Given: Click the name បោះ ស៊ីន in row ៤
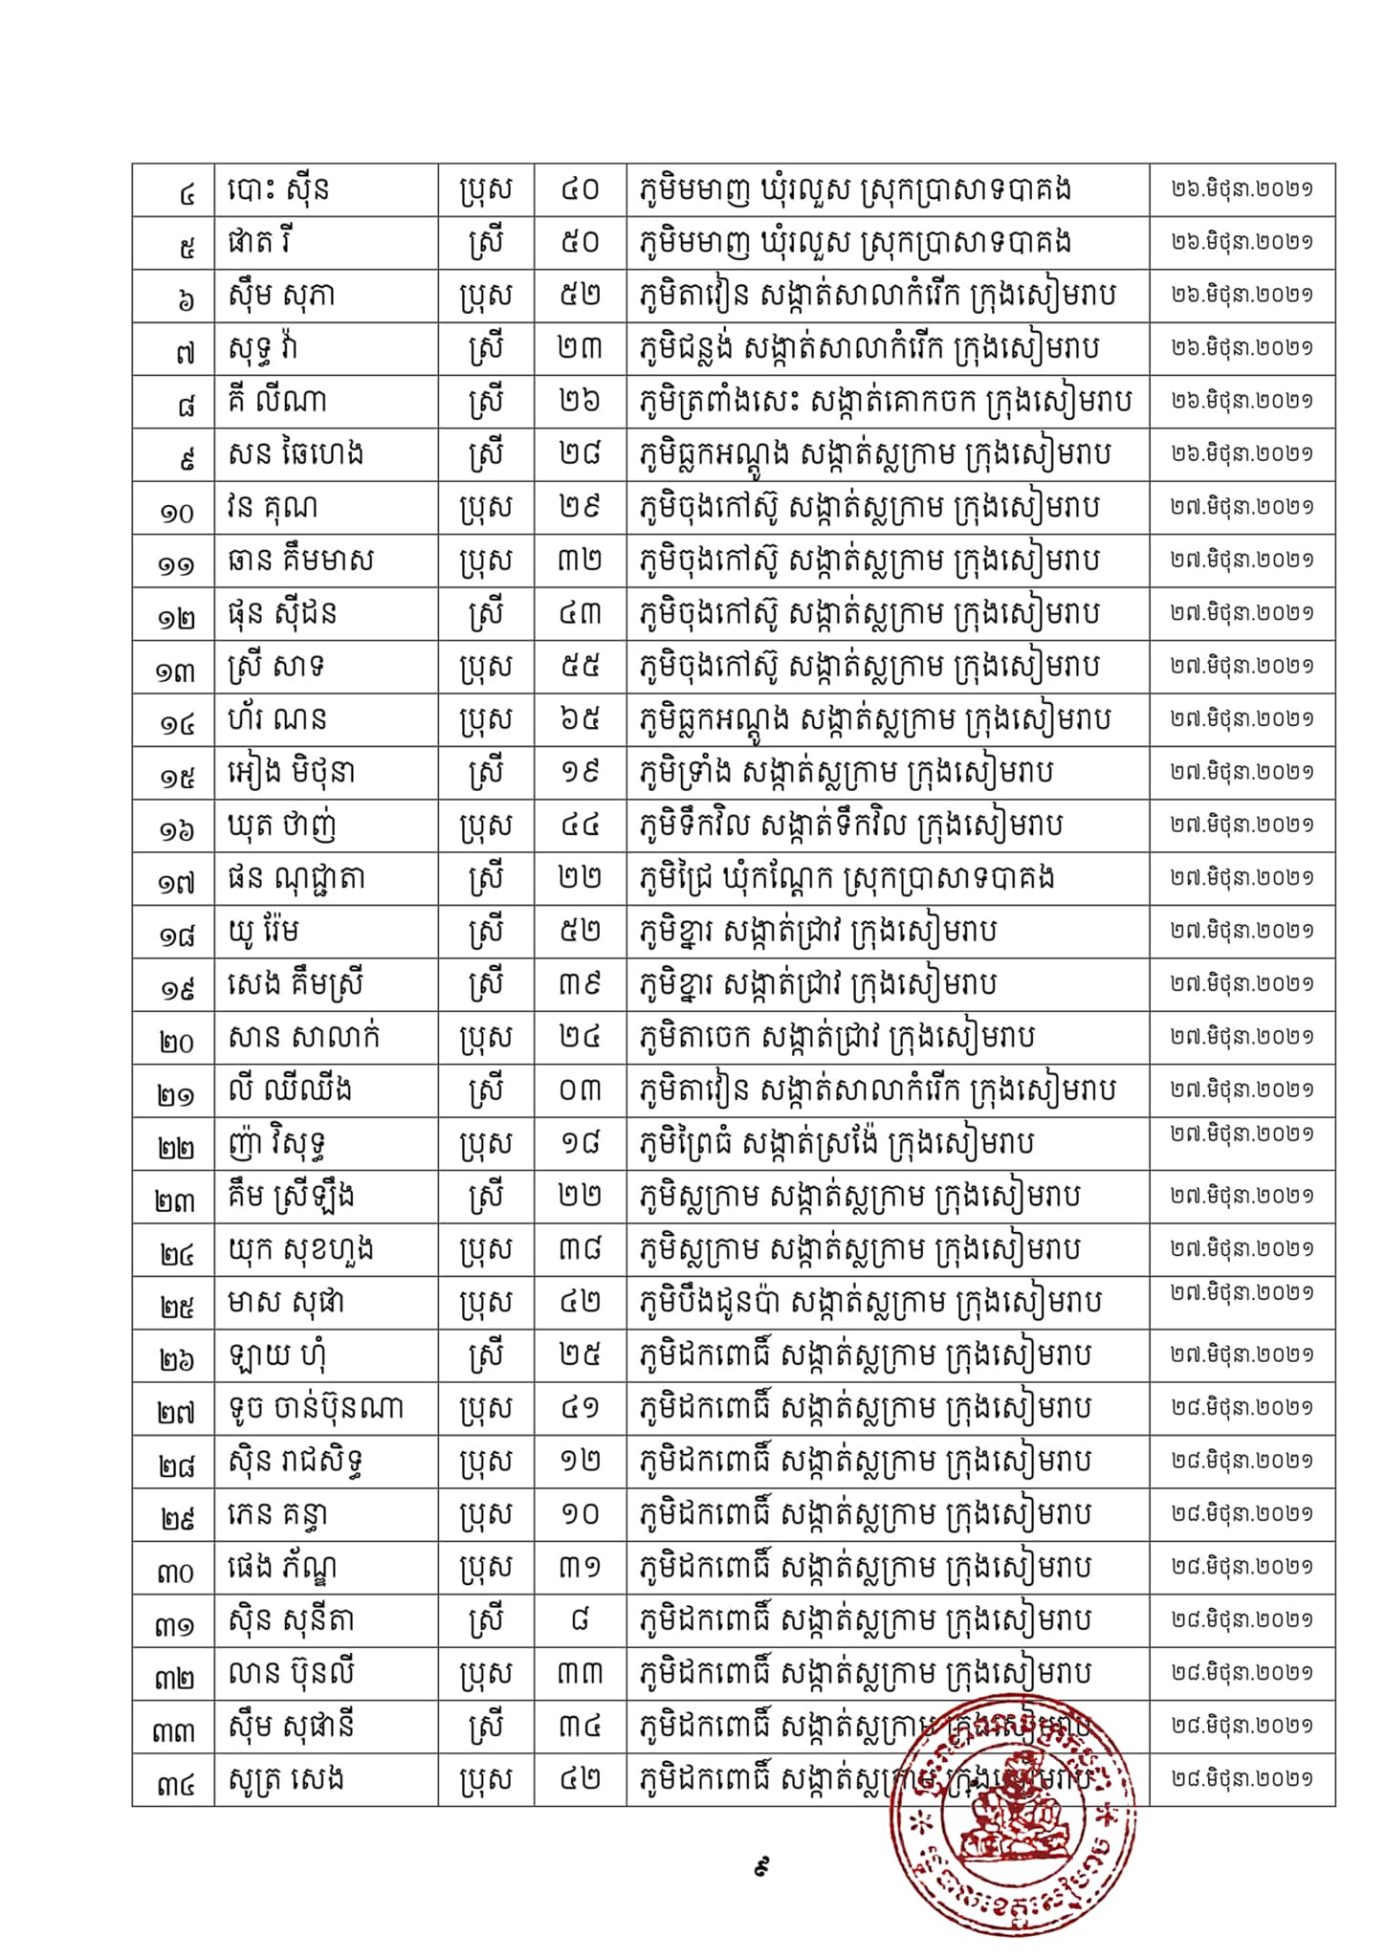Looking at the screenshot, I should coord(279,189).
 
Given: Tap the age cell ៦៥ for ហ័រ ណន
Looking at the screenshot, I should coord(580,719).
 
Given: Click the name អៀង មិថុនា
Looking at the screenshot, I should coord(292,773).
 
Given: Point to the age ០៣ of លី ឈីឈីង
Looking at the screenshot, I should coord(580,1090).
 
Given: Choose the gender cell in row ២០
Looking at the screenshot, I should coord(485,1038).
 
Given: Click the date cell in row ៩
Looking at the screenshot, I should coord(1242,454).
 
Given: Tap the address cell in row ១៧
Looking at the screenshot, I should coord(846,878).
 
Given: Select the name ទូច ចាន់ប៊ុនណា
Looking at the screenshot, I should coord(317,1408).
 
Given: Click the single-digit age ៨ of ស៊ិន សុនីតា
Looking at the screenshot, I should coord(580,1620).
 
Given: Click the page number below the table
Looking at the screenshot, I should coord(762,1865).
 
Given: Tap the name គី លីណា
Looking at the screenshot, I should coord(277,402).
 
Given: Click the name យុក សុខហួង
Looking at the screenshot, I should coord(301,1249).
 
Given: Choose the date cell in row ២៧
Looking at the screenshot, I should coord(1242,1408).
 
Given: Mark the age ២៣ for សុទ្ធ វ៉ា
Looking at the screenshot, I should coord(580,348).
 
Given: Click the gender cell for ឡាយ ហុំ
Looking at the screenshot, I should coord(485,1355).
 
